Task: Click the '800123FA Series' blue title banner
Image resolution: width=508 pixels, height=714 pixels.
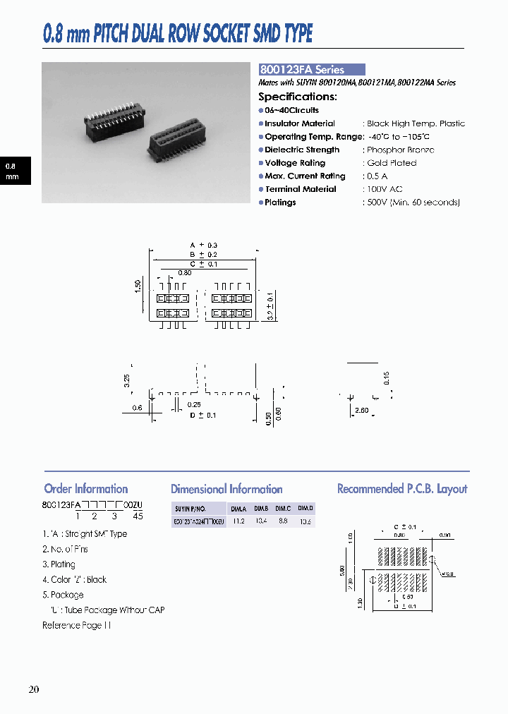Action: (311, 70)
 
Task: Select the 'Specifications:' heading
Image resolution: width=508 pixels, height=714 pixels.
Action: (297, 97)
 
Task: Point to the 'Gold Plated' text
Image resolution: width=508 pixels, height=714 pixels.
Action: (392, 163)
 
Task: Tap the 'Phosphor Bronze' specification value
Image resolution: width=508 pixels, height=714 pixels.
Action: (400, 150)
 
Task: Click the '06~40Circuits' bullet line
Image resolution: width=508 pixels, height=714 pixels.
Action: (291, 111)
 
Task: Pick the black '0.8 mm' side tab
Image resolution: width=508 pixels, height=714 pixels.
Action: (13, 171)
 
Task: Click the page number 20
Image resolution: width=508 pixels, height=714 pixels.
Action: (34, 689)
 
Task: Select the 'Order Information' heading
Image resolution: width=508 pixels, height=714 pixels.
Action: (85, 489)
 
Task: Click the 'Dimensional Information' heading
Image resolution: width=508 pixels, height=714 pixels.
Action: (226, 489)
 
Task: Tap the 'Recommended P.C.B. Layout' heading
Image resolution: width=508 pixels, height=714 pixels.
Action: (402, 489)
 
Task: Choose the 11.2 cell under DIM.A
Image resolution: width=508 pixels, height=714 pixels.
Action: (238, 521)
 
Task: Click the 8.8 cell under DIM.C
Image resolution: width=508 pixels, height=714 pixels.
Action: (282, 521)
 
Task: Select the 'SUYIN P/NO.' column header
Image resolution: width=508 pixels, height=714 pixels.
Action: (190, 508)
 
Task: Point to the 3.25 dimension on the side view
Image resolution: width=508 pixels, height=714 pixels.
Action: (127, 382)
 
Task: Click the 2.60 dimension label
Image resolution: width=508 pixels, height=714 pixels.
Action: (361, 409)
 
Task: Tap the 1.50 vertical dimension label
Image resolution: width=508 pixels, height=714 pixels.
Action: (138, 285)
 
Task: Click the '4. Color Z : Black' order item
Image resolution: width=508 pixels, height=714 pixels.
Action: (74, 580)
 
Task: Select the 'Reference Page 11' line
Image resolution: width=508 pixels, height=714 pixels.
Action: (76, 626)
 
